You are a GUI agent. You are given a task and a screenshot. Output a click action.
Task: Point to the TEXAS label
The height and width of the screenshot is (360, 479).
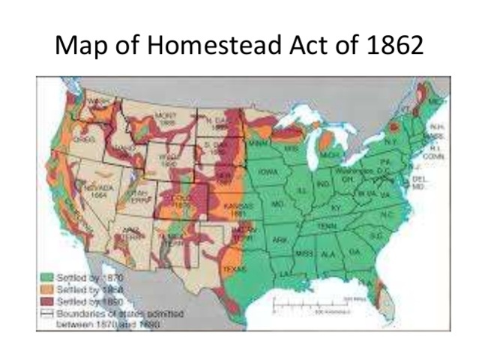coord(234,268)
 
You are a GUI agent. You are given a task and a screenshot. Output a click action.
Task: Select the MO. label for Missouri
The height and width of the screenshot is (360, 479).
coord(277,203)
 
